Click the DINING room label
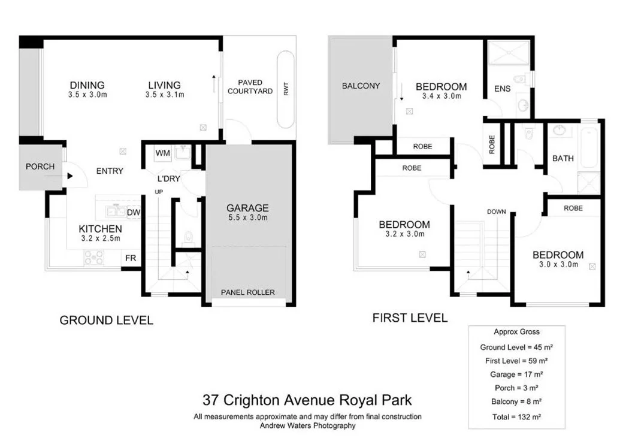pos(87,85)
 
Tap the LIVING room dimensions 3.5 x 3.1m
pos(164,95)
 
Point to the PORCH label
pos(40,167)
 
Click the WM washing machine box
pos(163,154)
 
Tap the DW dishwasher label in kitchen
pos(133,212)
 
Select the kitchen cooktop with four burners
pos(94,257)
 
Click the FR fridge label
pos(130,258)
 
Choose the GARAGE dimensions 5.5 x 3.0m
pos(247,218)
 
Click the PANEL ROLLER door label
pos(247,292)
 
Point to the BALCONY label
pos(361,86)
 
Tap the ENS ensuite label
pos(502,89)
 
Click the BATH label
pos(563,159)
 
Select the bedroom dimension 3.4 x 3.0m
pos(441,96)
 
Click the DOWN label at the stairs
pos(497,212)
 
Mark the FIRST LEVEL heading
pos(410,318)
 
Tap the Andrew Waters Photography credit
pos(307,426)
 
